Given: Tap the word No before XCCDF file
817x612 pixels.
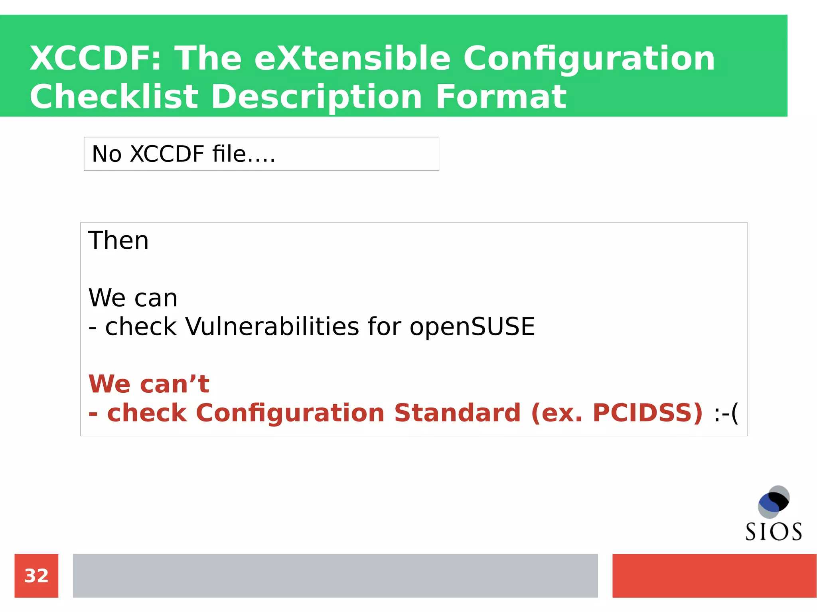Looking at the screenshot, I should coord(107,154).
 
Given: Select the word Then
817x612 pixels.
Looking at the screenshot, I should coord(118,240).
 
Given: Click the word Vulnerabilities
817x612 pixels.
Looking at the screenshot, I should coord(272,327).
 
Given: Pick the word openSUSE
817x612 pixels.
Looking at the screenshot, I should coord(472,327).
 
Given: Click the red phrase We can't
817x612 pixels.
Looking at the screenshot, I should coord(149,384).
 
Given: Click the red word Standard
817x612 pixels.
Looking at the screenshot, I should coord(457,413).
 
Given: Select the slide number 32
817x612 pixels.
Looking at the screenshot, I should coord(36,576).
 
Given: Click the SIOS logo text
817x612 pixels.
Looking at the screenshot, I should coord(774,532).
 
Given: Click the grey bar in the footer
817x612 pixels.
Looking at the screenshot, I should coord(335,575).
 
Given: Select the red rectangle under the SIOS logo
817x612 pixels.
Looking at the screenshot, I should coord(714,575).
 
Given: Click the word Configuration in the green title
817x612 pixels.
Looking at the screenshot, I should coord(589,58).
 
